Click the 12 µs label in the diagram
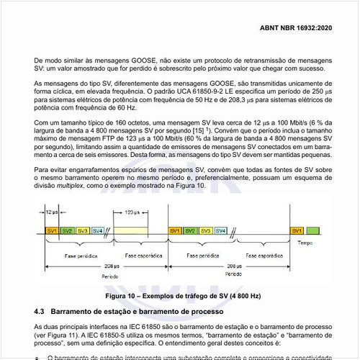coord(51,213)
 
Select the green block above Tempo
coord(313,230)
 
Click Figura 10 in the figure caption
coord(125,296)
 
